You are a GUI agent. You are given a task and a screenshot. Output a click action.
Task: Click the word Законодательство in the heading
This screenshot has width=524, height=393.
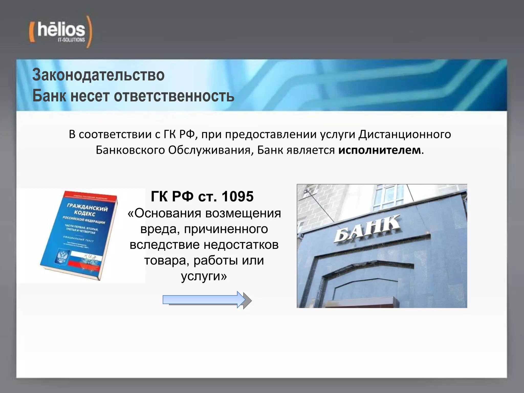tap(98, 75)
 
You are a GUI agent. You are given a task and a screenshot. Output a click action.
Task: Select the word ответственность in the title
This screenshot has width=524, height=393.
tap(174, 96)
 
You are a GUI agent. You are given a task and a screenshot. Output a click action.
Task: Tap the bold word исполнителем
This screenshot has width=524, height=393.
tap(379, 150)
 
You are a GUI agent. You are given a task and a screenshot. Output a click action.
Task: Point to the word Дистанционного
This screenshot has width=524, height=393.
tap(405, 134)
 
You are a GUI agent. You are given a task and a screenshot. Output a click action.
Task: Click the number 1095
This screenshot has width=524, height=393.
tap(237, 196)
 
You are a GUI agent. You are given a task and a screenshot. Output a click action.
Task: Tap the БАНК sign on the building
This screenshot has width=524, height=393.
tap(367, 228)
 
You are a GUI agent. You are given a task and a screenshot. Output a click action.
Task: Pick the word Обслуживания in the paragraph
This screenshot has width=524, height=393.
tap(210, 150)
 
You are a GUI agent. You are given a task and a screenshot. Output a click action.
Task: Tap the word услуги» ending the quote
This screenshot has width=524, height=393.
tap(204, 276)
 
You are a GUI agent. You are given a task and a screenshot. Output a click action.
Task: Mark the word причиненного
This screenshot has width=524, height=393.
tap(226, 229)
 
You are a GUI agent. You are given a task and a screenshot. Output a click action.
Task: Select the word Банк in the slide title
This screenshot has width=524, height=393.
tap(49, 96)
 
